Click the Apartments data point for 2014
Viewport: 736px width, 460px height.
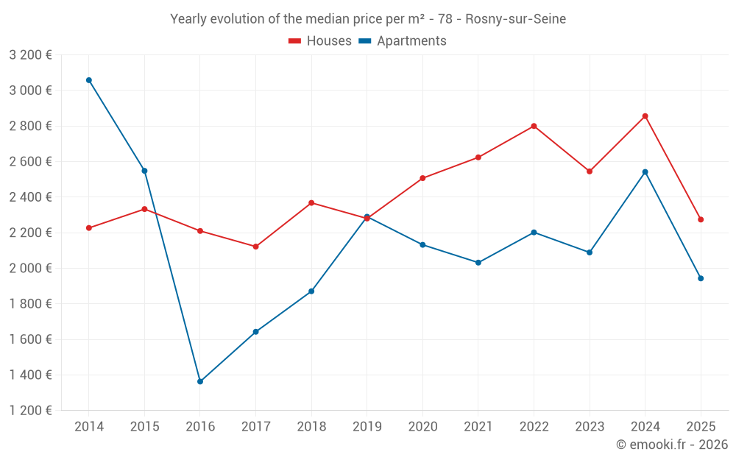89,80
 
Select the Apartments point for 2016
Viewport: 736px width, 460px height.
200,381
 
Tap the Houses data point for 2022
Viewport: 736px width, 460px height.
534,126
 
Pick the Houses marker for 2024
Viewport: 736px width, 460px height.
645,116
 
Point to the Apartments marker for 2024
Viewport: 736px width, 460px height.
645,172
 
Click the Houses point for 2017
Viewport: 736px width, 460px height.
255,247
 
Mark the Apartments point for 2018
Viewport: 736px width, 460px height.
311,291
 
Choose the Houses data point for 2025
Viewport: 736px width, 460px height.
701,219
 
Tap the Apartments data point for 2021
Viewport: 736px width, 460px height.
478,263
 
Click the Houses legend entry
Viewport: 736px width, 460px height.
320,41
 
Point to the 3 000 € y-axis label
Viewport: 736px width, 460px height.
30,91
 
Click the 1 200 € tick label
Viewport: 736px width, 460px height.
30,411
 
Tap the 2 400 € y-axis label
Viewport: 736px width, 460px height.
30,197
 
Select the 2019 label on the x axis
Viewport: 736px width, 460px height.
367,427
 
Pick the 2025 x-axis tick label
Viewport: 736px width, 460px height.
701,427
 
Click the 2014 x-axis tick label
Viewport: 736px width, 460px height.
89,427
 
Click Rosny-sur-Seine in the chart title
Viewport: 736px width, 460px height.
516,19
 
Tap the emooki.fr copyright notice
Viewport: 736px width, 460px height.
672,445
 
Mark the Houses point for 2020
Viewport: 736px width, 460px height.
422,178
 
